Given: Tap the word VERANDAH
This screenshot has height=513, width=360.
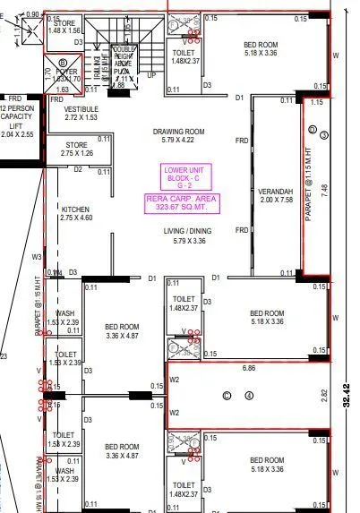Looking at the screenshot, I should (276, 192).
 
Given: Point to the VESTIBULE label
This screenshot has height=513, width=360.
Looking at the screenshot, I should (81, 107).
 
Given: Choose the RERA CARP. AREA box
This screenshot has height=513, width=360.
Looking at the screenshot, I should (182, 201).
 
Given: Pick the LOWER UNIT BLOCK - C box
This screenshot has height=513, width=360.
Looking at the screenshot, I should (182, 175).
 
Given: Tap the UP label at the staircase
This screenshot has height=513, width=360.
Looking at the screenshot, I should (150, 74).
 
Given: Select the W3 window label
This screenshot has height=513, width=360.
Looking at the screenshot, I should (37, 257).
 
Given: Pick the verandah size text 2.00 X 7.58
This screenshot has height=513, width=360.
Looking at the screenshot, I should (276, 201).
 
